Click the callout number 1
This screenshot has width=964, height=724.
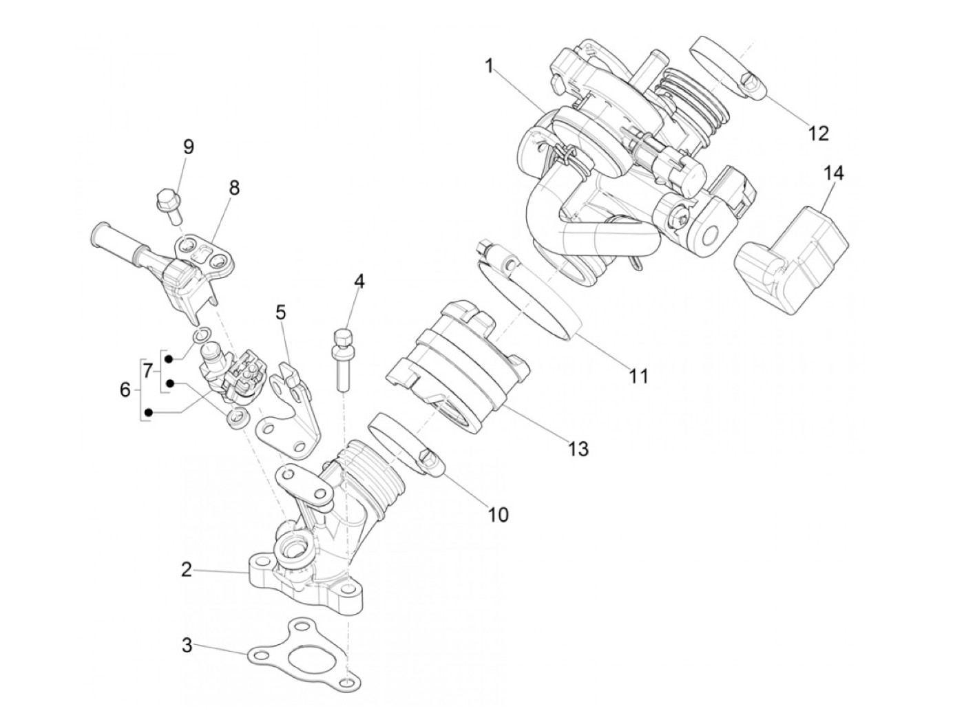[490, 66]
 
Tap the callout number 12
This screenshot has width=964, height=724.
[818, 134]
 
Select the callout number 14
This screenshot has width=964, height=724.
[833, 173]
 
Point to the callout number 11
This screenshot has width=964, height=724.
[638, 376]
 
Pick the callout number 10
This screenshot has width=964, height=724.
[498, 515]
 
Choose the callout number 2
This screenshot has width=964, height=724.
[187, 570]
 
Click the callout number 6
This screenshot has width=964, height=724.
[125, 390]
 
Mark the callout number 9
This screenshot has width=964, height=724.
[188, 147]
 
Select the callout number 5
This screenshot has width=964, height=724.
[281, 312]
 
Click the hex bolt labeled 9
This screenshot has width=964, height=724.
[169, 213]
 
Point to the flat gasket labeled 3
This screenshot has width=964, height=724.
[303, 654]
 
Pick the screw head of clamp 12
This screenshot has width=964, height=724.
[753, 85]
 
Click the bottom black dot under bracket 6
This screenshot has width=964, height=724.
[149, 412]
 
